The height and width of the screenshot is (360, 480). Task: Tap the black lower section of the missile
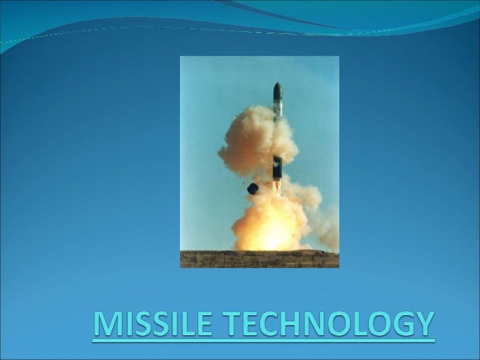277,167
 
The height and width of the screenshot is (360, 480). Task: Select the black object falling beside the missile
253,188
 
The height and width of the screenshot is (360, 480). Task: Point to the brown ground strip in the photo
259,259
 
